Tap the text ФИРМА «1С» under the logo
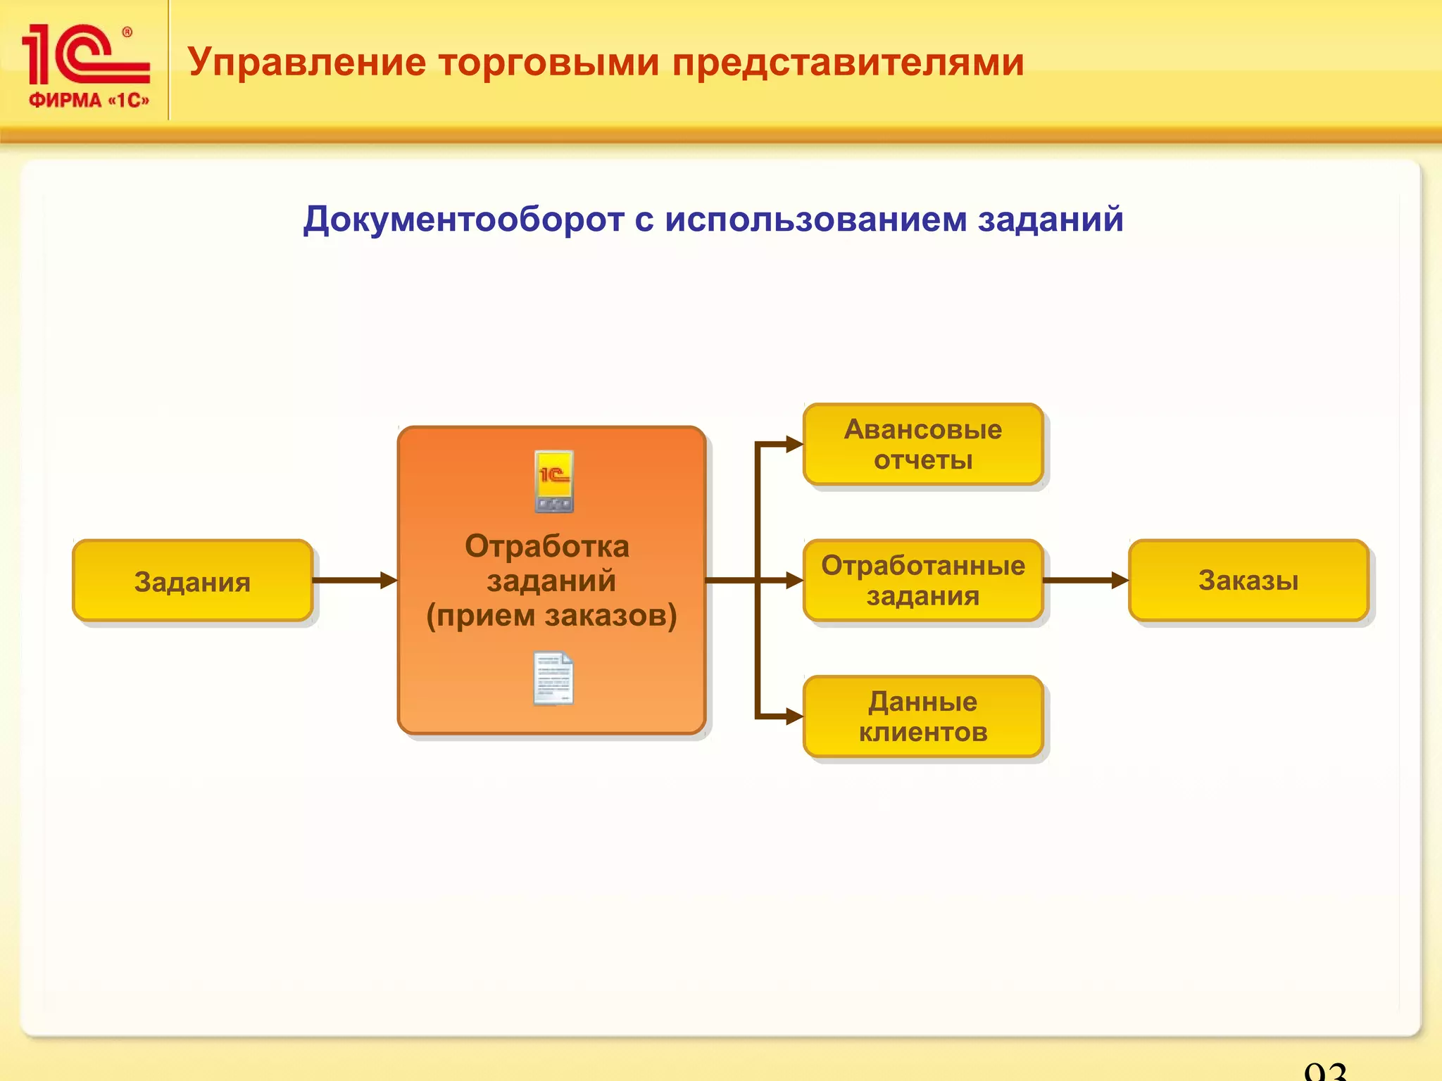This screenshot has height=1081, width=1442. tap(89, 100)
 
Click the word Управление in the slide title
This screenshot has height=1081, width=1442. tap(307, 62)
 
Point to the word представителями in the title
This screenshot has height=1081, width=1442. tap(848, 62)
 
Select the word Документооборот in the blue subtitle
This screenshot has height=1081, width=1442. tap(463, 219)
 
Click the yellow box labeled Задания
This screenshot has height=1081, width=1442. tap(192, 581)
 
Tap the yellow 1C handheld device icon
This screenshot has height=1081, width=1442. tap(554, 481)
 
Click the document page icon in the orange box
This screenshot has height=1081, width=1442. tap(553, 678)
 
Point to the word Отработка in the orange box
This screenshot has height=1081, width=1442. tap(547, 546)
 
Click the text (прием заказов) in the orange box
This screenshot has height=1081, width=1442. tap(551, 615)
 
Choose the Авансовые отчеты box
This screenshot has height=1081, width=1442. tap(922, 444)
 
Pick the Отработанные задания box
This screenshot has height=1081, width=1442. tap(922, 581)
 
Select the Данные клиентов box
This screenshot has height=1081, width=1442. tap(922, 716)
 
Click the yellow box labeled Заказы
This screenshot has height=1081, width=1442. tap(1248, 581)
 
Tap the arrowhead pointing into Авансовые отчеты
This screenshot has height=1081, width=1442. tap(794, 444)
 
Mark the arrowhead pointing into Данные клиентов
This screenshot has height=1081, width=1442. tap(794, 716)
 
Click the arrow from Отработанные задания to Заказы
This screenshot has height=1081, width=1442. tap(1085, 581)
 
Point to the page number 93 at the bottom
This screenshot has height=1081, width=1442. tap(1324, 1071)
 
